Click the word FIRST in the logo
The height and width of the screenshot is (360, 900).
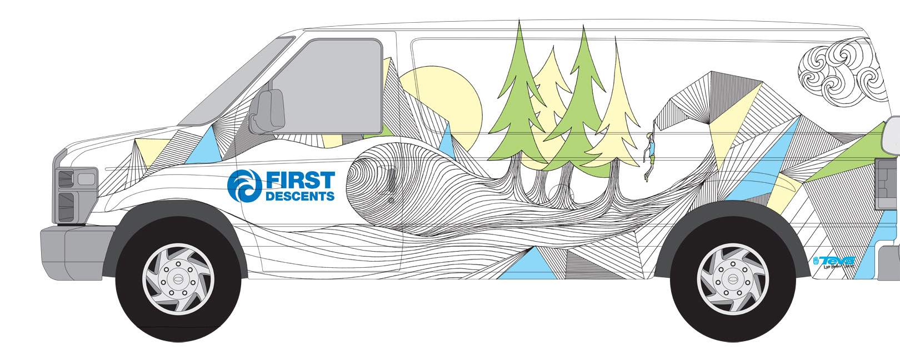pyautogui.click(x=300, y=180)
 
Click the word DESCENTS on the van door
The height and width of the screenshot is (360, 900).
pyautogui.click(x=300, y=196)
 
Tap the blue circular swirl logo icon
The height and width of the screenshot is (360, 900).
pyautogui.click(x=244, y=186)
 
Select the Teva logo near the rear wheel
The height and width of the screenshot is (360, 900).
pyautogui.click(x=833, y=262)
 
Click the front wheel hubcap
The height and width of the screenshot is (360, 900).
pyautogui.click(x=178, y=278)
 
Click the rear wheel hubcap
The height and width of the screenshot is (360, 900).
pyautogui.click(x=733, y=278)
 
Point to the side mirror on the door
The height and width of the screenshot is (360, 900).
pyautogui.click(x=268, y=112)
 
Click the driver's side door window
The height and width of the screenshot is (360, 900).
pyautogui.click(x=333, y=86)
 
